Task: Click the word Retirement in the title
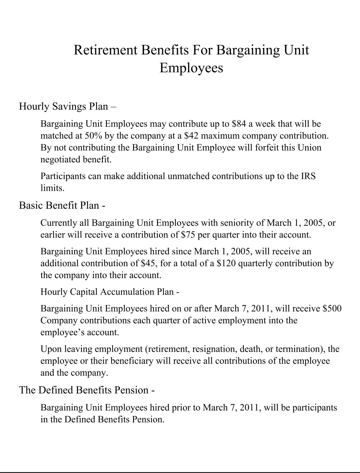[x=105, y=50]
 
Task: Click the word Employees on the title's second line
[x=191, y=68]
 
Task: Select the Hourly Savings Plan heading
[x=67, y=106]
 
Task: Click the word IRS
[x=308, y=176]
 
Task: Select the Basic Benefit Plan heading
[x=62, y=205]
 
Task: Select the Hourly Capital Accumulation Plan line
[x=110, y=292]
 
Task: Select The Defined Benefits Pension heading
[x=87, y=390]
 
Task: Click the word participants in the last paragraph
[x=315, y=408]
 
